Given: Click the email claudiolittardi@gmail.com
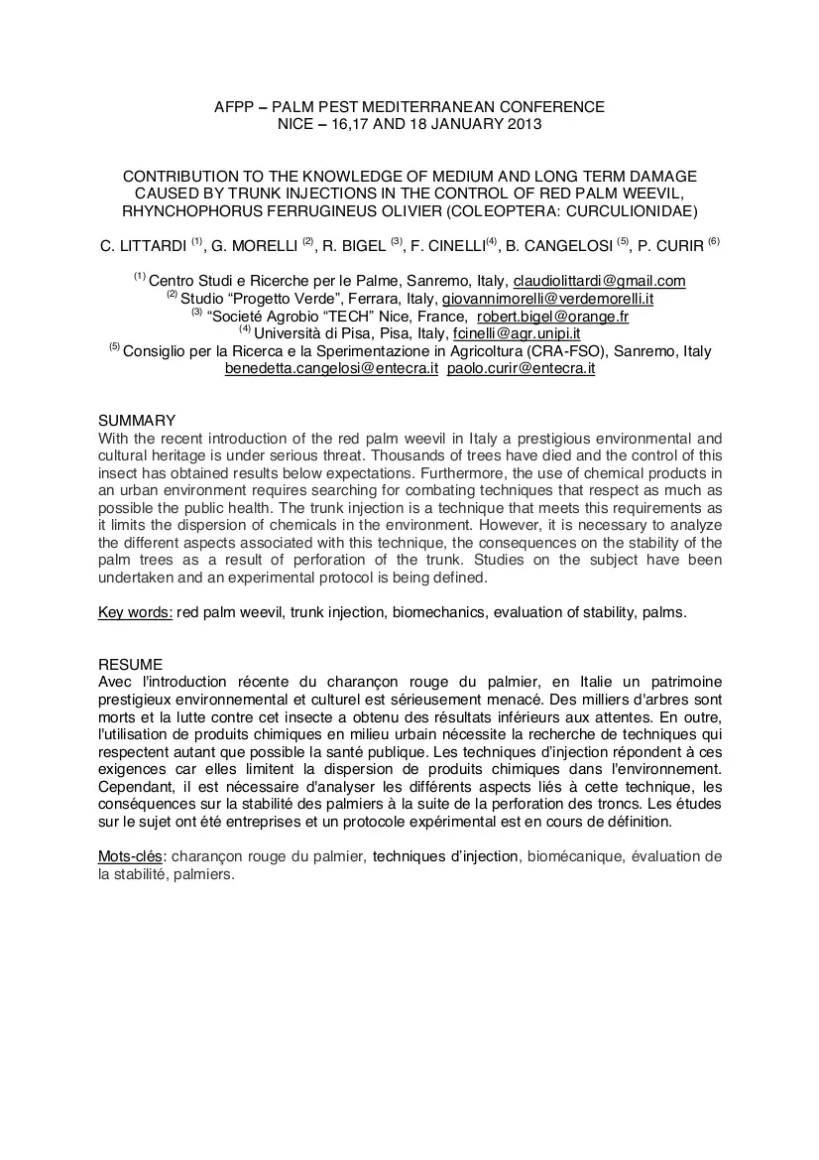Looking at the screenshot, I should pos(599,281).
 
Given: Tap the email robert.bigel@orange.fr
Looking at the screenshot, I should pos(545,317).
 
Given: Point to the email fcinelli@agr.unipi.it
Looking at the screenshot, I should pos(516,333).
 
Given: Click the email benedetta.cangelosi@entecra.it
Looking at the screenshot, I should pos(331,368).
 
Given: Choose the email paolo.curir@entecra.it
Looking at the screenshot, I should pos(521,368).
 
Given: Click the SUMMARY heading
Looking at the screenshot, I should pos(137,421).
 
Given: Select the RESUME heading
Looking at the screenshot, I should pos(131,664).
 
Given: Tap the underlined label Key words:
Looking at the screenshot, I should pos(135,612).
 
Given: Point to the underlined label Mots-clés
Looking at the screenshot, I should pos(130,856).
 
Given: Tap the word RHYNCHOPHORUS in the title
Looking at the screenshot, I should pos(187,210).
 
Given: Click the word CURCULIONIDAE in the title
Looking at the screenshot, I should pos(634,210).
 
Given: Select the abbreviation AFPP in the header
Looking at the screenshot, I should pos(235,106).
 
